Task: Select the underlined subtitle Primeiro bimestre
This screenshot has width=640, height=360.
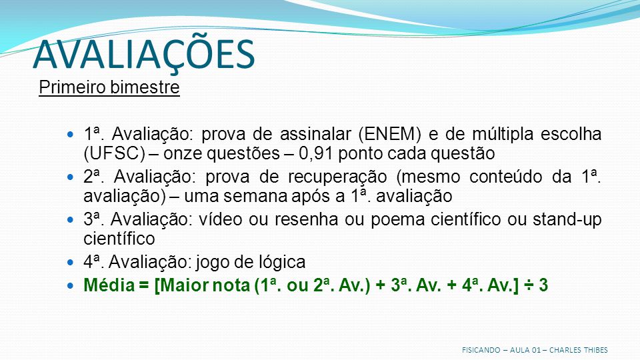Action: (109, 87)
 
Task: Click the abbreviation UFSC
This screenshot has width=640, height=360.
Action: (114, 153)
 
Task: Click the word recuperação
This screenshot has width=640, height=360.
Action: (337, 177)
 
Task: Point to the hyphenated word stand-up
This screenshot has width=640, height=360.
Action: (567, 220)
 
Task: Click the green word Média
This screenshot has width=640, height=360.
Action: (109, 285)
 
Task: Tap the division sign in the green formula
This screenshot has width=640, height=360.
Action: (529, 285)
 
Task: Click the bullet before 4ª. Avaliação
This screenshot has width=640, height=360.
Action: (71, 262)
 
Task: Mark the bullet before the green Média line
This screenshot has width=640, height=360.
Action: (71, 285)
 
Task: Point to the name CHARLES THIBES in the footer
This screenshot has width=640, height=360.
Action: (579, 350)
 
